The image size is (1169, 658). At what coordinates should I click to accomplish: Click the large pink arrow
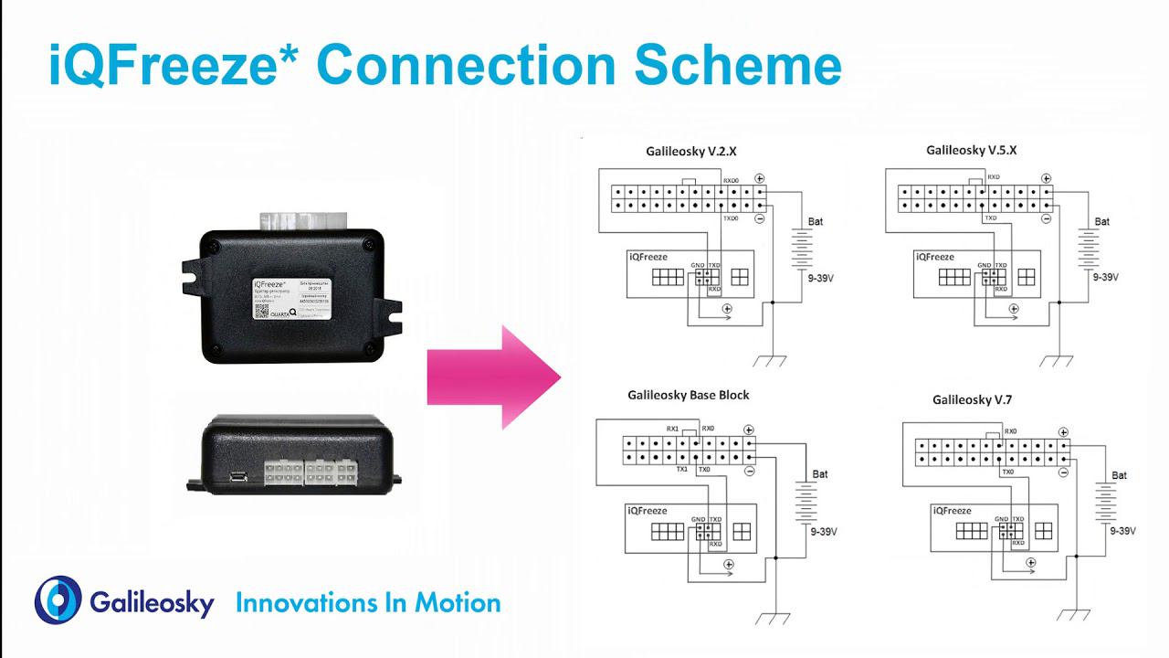493,377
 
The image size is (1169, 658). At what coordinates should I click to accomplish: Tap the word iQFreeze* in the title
174,65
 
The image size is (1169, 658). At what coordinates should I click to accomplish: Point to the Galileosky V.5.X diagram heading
971,150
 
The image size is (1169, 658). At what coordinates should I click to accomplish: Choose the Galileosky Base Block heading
688,395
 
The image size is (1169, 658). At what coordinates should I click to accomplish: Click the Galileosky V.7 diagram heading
972,399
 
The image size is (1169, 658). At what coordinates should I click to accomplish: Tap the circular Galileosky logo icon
58,600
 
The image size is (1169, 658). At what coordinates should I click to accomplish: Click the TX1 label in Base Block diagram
681,469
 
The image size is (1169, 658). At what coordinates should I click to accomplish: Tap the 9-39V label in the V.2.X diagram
819,271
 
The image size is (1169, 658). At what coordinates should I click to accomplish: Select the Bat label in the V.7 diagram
1120,475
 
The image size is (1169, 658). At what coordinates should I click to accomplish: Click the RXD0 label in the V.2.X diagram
732,181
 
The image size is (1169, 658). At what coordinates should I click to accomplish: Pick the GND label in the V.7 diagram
1002,519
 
